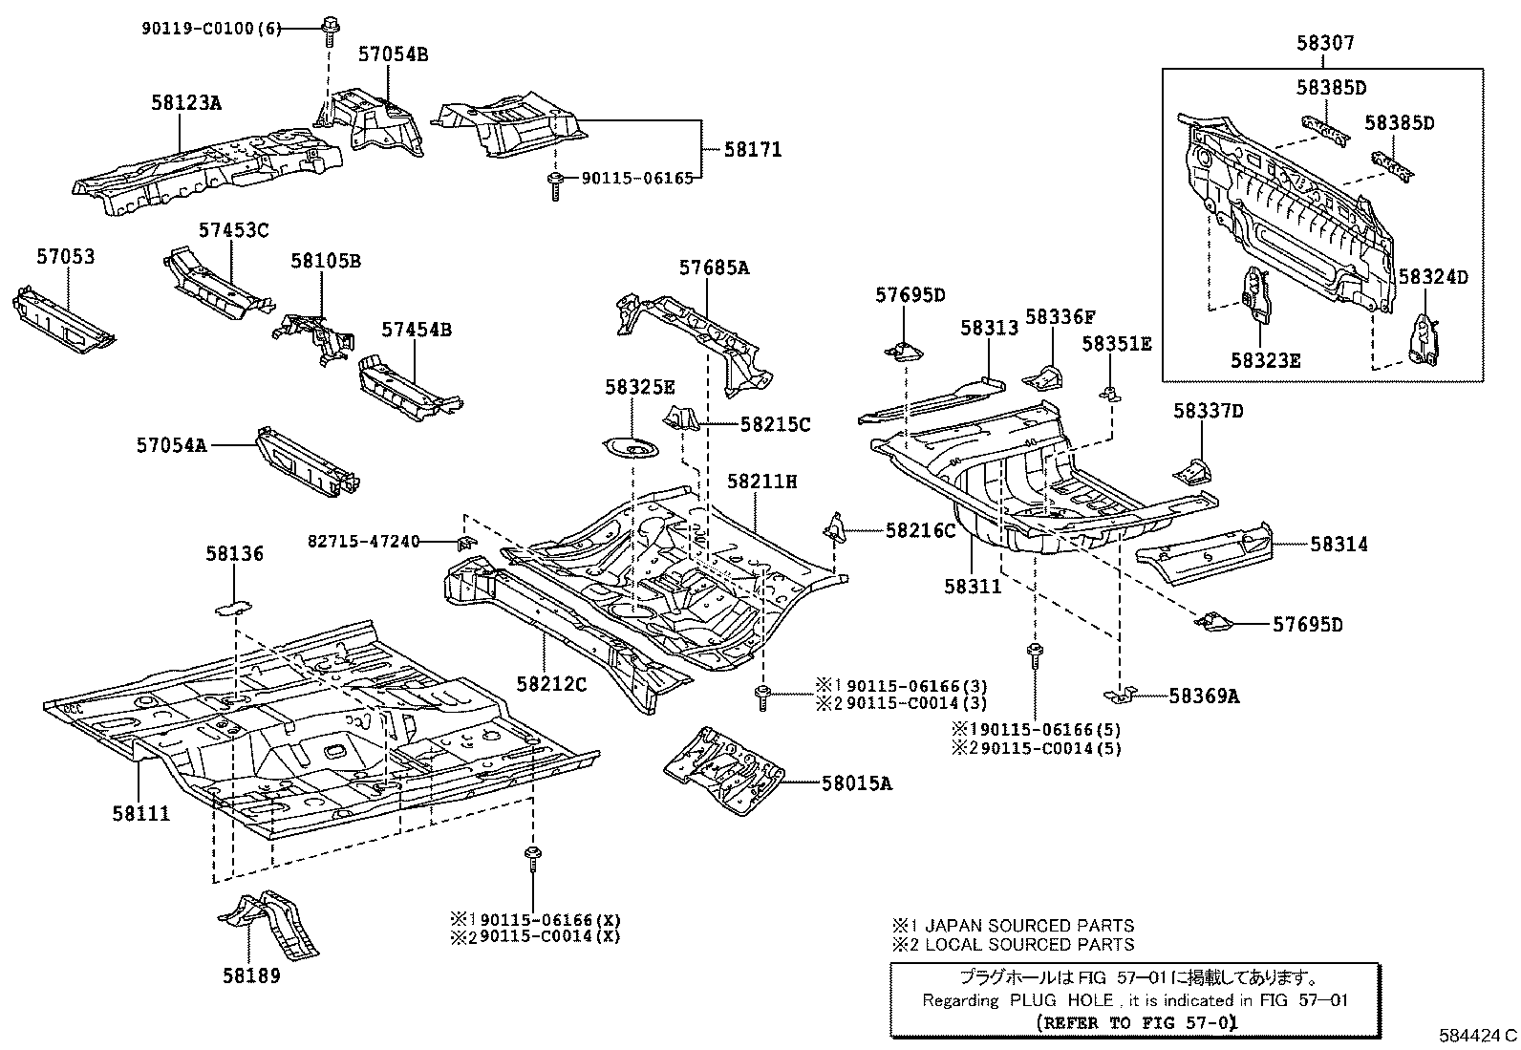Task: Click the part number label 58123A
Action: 186,103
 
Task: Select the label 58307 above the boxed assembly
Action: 1325,43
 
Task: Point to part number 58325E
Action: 639,387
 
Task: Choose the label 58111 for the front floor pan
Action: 141,813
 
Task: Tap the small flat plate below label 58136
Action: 233,608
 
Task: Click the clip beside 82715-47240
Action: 466,543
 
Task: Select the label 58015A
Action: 857,783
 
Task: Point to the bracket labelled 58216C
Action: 835,528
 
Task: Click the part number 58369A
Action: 1204,696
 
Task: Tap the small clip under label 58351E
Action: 1110,394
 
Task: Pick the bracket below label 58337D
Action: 1193,472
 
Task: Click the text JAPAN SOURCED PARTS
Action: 1029,926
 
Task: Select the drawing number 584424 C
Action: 1478,1035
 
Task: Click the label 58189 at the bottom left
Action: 251,976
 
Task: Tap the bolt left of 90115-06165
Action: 555,186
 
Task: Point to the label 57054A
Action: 172,445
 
